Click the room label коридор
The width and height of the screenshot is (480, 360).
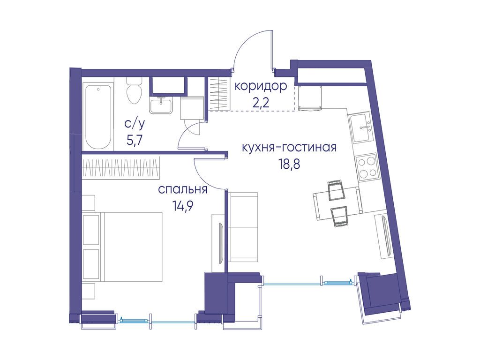pos(260,86)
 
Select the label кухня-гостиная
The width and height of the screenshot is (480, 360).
pos(289,148)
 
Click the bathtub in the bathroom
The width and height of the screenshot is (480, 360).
pos(98,116)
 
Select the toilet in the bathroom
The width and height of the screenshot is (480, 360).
pos(134,91)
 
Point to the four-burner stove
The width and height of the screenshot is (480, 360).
pos(367,166)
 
